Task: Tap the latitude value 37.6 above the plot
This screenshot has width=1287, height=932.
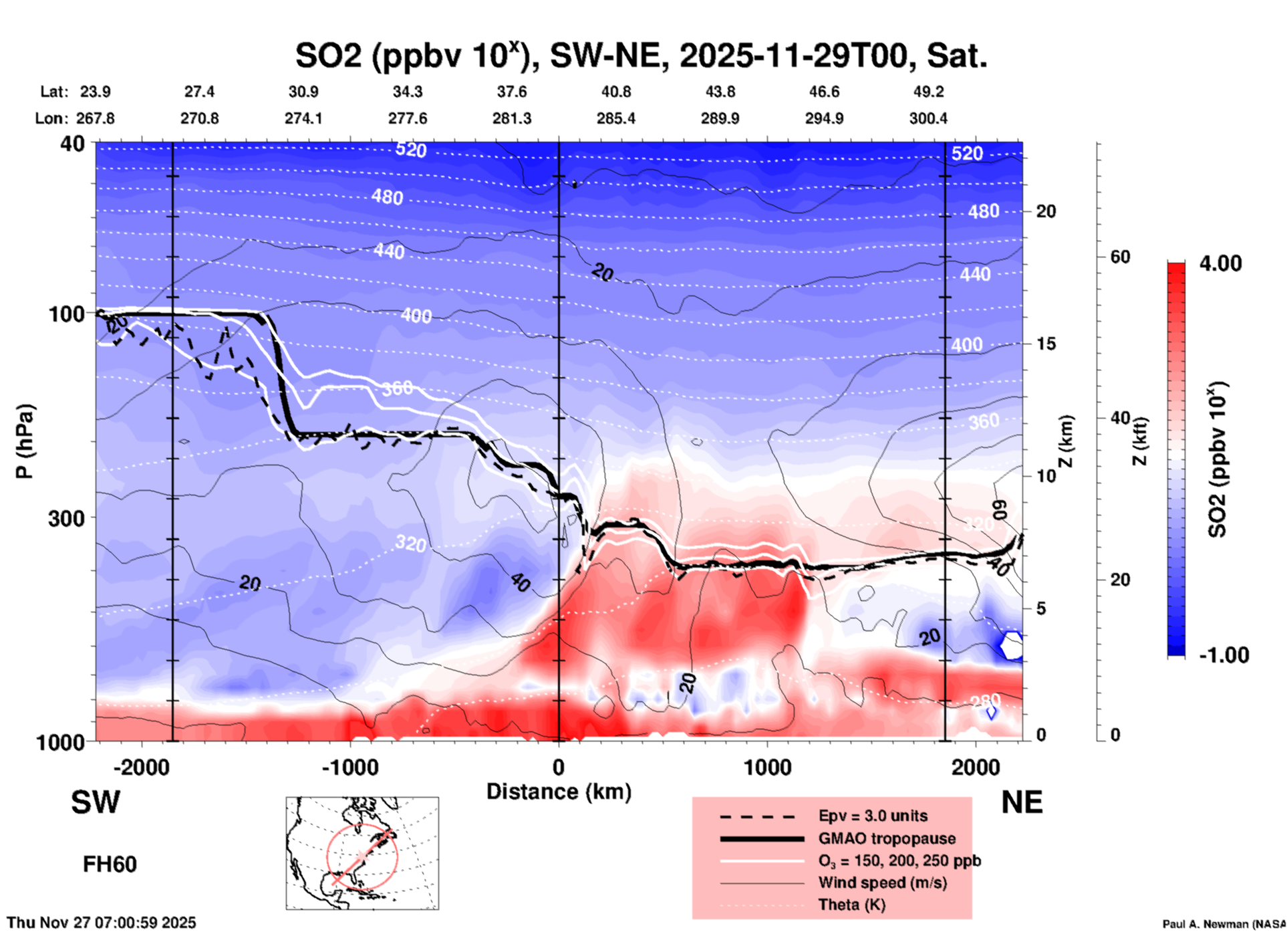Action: point(512,92)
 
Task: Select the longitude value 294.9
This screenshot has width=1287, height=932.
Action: point(824,118)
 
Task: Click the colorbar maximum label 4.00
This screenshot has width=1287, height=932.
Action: point(1220,263)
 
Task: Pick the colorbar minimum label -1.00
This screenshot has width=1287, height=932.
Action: point(1224,655)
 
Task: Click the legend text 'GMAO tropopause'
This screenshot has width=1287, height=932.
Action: point(887,838)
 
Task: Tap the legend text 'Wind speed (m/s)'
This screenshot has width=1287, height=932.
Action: point(882,883)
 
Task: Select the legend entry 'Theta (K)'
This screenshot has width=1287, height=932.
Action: point(852,905)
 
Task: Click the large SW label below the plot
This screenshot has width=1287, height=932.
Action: point(96,802)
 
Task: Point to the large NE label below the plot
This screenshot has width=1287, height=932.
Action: point(1022,802)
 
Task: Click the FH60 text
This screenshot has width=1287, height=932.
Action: point(110,864)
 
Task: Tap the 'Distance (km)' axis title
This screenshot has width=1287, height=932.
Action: point(559,792)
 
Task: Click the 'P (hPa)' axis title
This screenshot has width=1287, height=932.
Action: point(25,441)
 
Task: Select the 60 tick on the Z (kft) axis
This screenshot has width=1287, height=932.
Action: point(1120,257)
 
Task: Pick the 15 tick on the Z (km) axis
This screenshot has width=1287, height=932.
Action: point(1046,344)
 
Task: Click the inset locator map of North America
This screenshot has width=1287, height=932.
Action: point(362,852)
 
